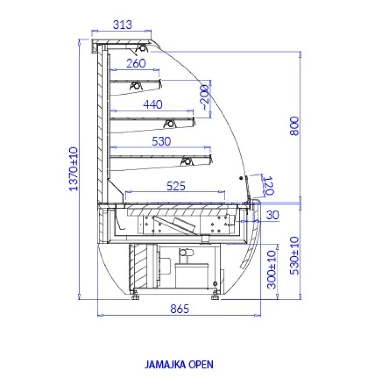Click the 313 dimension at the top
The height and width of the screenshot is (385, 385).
click(122, 25)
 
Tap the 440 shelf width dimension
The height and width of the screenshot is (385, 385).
click(153, 104)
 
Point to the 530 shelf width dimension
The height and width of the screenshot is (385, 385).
click(161, 141)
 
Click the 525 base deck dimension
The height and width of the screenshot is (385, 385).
click(176, 186)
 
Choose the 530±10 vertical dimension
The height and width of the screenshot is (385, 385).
click(295, 256)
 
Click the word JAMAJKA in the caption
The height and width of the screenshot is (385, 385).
click(164, 365)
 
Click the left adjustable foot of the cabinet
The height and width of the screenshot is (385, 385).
click(135, 296)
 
